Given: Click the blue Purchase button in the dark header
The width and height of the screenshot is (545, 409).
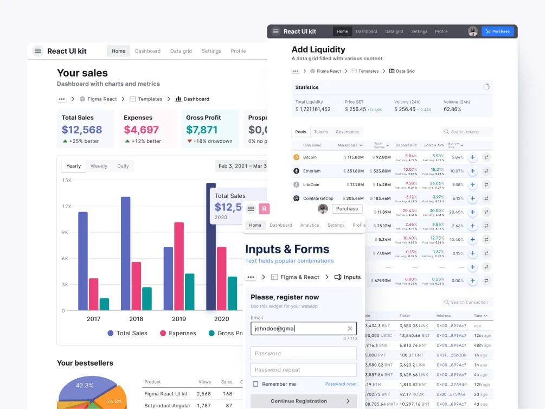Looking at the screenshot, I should click(497, 31).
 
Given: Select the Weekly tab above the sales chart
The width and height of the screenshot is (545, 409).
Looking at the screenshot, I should click(99, 166).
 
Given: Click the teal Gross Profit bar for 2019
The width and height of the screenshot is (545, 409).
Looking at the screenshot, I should click(189, 292).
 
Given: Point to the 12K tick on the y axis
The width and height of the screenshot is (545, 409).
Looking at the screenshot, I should click(67, 206).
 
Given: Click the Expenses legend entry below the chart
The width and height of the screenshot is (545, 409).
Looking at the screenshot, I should click(177, 333).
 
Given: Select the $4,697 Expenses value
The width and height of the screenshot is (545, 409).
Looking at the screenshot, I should click(141, 130).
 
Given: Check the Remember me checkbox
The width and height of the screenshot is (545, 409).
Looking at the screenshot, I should click(255, 384).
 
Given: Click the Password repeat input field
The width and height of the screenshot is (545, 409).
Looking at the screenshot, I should click(303, 370).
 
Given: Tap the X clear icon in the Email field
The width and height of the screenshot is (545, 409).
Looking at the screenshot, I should click(350, 328).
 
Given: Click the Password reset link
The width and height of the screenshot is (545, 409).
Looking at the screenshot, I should click(341, 384).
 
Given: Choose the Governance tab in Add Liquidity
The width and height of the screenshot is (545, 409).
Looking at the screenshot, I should click(347, 132).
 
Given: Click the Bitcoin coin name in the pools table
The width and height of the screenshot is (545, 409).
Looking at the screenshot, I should click(310, 157).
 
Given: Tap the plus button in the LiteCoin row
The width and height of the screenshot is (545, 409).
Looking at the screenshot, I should click(472, 184).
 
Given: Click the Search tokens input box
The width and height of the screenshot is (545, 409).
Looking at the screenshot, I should click(467, 132).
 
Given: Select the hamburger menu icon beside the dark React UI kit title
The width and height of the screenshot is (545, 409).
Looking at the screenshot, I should click(276, 31).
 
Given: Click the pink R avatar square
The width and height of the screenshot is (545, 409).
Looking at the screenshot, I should click(265, 209).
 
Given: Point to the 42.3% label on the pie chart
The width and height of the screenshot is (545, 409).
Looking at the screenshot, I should click(85, 385).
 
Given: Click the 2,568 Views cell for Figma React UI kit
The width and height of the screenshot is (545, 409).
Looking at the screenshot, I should click(204, 394).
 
